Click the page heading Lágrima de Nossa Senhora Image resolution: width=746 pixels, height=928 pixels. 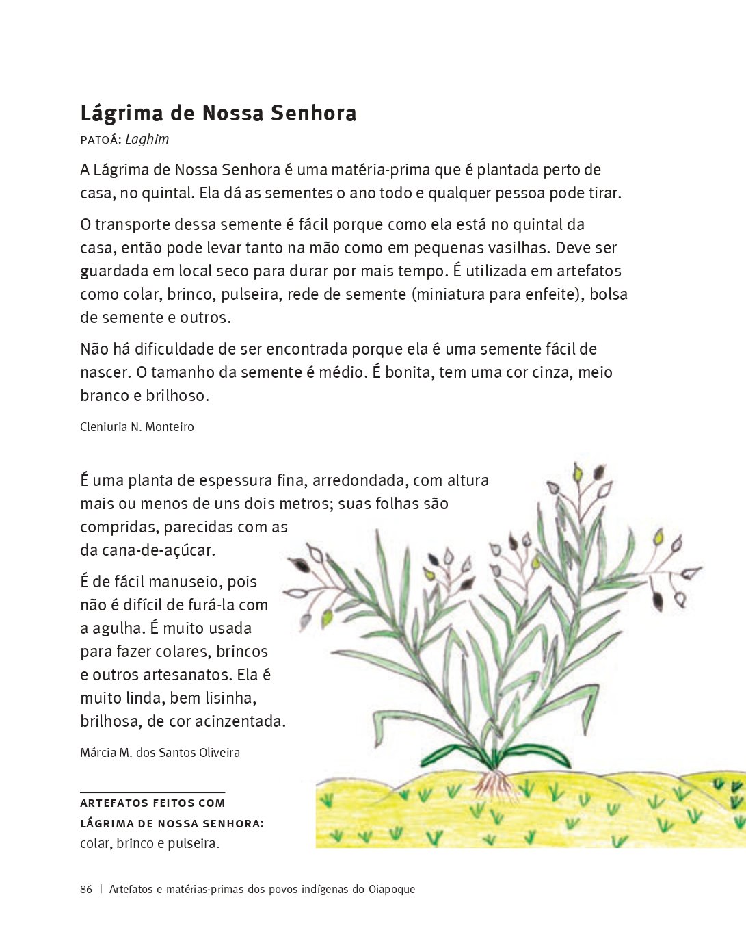pos(218,114)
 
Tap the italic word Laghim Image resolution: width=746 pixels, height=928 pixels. pos(147,140)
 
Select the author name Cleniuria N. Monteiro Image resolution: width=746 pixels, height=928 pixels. pos(137,427)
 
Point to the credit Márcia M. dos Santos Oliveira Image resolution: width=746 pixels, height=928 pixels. pos(160,753)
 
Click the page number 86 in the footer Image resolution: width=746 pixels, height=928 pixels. pos(86,890)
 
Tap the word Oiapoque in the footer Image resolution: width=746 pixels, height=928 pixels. pos(392,890)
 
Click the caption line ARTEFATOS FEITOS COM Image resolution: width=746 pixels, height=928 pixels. pos(152,803)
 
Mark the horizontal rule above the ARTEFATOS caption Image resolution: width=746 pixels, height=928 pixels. pos(152,792)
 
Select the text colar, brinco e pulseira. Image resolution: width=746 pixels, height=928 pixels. pos(150,843)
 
